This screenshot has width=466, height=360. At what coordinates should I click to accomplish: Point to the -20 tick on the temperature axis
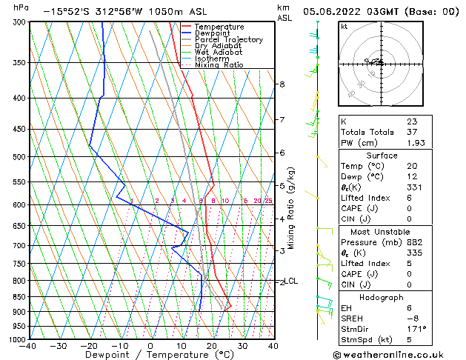pos(89,345)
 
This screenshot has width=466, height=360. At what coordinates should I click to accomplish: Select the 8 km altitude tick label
pos(282,84)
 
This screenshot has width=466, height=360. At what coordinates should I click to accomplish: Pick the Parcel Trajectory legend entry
pos(228,40)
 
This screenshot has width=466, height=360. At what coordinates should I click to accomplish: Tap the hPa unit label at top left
pos(21,7)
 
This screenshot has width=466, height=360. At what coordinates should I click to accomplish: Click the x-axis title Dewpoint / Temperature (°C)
pos(150,356)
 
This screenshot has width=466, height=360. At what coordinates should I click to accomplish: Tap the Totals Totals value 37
pos(412,132)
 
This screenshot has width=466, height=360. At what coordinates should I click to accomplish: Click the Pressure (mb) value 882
pos(415,242)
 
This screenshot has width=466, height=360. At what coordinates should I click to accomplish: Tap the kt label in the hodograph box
pos(344,26)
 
